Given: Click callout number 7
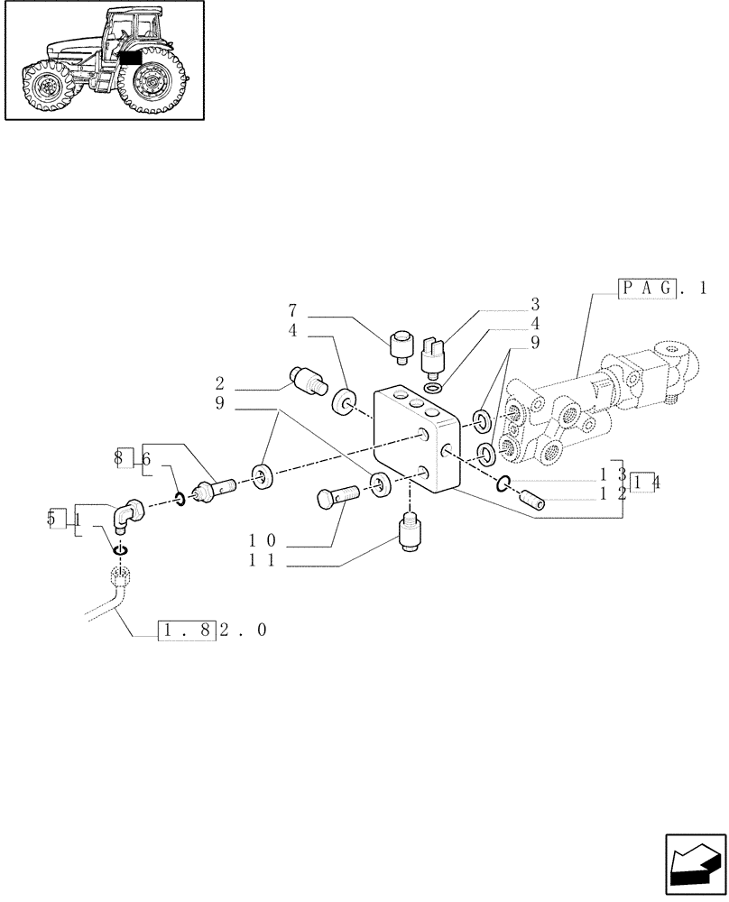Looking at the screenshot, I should click(293, 317).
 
